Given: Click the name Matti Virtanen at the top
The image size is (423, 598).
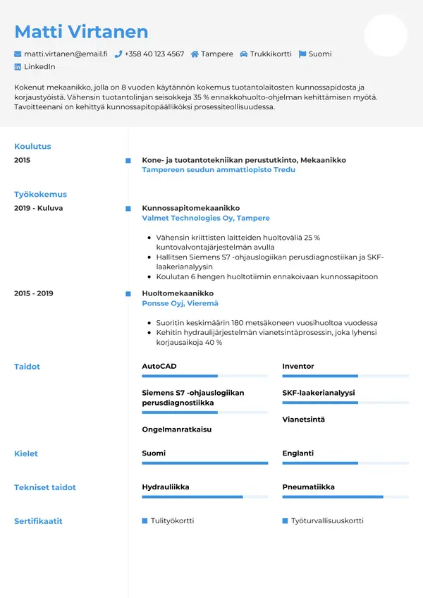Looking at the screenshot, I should [x=81, y=32].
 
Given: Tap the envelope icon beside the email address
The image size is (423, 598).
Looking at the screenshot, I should [x=18, y=54].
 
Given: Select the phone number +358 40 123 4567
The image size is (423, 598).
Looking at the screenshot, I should [x=154, y=54].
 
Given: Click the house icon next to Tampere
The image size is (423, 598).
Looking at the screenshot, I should [x=195, y=54].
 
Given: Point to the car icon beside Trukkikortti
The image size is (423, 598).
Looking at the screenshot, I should [x=243, y=54].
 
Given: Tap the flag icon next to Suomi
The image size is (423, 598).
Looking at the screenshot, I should [x=302, y=54].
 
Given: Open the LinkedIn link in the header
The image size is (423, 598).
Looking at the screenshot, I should [x=39, y=66].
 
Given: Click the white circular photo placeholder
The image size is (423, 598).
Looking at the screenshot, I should [x=386, y=35].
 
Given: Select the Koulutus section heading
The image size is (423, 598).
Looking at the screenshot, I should [x=32, y=147].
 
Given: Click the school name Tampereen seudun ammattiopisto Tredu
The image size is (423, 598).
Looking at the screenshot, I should [x=219, y=170].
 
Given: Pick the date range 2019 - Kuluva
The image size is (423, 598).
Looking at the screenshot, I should [x=39, y=208].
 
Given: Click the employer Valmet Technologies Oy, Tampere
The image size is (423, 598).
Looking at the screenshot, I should [x=206, y=219].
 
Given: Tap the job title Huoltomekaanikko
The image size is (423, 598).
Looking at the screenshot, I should [x=178, y=293].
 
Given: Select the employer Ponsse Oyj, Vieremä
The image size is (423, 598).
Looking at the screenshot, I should [x=180, y=303].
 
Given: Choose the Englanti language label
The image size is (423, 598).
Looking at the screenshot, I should [x=298, y=453].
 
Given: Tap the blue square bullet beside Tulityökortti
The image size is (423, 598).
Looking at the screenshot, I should [x=145, y=521].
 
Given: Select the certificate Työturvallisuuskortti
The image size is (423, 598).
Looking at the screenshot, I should [x=327, y=521].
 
